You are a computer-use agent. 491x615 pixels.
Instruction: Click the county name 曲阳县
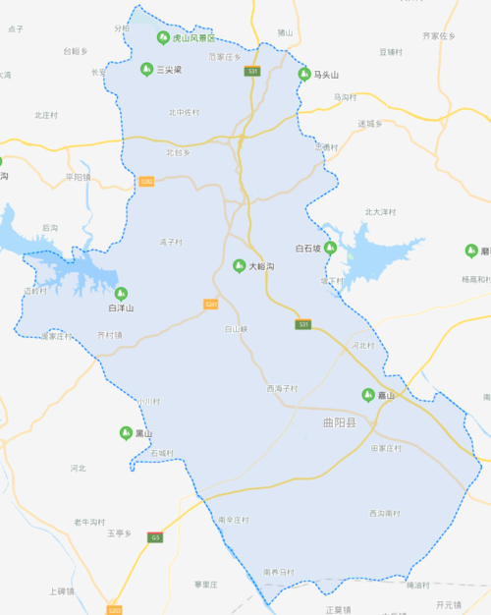point(339,422)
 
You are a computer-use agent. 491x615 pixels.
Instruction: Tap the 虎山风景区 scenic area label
point(192,38)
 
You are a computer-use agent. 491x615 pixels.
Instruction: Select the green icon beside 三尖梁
point(145,69)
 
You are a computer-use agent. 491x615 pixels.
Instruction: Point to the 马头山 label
point(325,75)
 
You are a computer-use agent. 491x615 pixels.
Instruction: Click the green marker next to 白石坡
point(331,248)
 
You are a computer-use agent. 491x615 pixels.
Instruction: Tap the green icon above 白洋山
point(122,293)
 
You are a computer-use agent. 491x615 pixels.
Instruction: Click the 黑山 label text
point(143,433)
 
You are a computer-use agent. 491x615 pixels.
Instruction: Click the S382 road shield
point(146,182)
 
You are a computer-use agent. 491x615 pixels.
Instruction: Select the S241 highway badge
point(210,305)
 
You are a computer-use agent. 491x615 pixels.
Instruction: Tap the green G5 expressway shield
point(155,537)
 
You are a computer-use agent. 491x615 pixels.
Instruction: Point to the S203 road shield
point(115,610)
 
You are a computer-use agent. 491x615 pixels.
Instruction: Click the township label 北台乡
point(178,152)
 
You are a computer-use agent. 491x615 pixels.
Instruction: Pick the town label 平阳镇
point(78,177)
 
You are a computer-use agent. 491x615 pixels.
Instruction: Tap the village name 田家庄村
point(387,448)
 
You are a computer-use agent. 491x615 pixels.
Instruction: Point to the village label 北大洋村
point(380,211)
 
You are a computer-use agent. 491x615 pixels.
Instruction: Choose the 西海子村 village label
point(281,389)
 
